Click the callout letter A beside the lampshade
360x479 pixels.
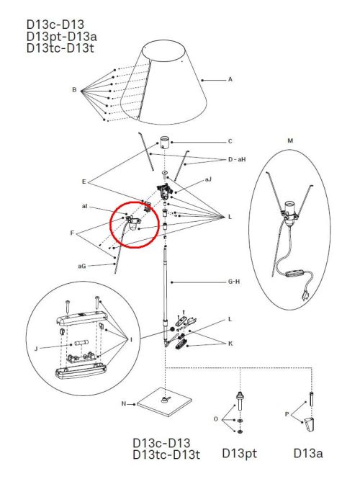pos(230,79)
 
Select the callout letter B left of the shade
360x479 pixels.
pos(74,90)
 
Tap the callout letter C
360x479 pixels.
pos(230,141)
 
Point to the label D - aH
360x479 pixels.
pos(237,159)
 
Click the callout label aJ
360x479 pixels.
pos(208,179)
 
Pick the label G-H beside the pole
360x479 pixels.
pos(234,282)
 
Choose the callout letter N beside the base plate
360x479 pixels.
pos(124,403)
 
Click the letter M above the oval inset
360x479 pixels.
pos(290,140)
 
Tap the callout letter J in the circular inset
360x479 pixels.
pos(36,349)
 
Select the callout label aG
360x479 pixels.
pos(82,266)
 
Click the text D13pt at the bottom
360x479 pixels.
pos(239,453)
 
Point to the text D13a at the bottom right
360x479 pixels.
pos(307,453)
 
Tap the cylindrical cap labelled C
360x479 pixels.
pos(165,143)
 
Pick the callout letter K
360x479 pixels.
pos(230,344)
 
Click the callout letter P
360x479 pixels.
pos(287,414)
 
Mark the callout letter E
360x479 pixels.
pos(84,182)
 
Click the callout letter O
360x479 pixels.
pos(216,419)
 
